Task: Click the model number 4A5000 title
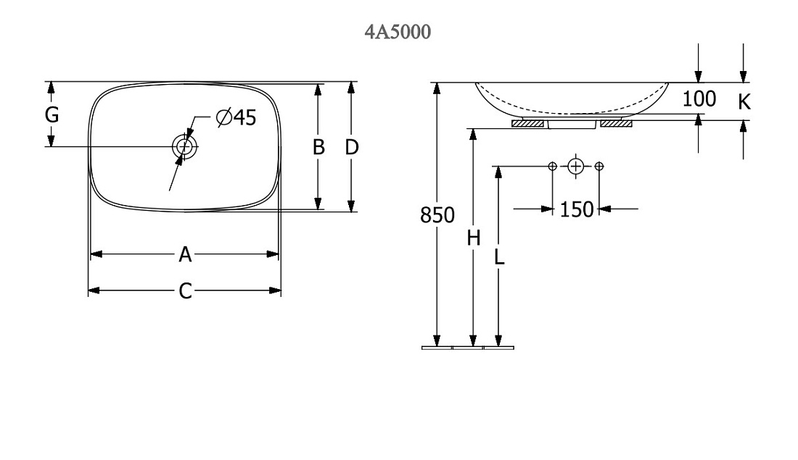pos(398,32)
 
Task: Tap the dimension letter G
pos(52,115)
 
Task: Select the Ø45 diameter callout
pos(236,117)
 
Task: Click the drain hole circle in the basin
pos(184,146)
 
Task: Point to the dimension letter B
pos(318,147)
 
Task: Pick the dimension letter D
pos(352,147)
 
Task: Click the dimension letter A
pos(185,254)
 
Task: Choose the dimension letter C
pos(185,291)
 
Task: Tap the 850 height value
pos(437,215)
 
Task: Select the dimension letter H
pos(474,238)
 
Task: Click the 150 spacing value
pos(577,209)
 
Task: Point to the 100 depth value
pos(699,99)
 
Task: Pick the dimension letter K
pos(744,102)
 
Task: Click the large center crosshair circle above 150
pos(575,166)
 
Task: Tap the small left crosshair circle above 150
pos(553,166)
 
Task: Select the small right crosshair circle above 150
pos(599,166)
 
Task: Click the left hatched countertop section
pos(527,124)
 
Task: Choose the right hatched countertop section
pos(617,124)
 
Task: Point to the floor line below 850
pos(468,348)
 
